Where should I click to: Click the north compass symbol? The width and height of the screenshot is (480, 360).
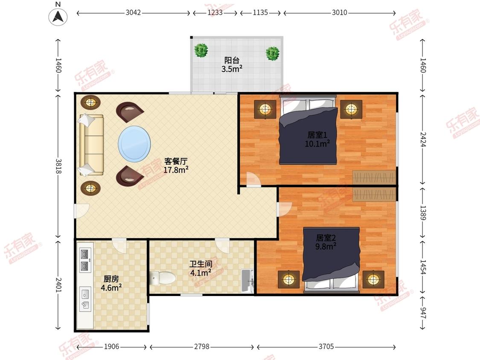click(58, 16)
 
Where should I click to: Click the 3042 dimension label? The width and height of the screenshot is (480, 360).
click(133, 12)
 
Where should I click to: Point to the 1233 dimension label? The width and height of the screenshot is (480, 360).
click(215, 12)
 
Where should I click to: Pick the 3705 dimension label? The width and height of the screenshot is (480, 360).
click(326, 346)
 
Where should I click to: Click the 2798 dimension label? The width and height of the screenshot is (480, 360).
click(202, 346)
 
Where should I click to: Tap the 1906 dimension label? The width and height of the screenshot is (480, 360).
click(111, 346)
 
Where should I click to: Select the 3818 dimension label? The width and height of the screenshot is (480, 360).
click(58, 166)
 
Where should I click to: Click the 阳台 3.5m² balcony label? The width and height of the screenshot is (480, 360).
click(232, 64)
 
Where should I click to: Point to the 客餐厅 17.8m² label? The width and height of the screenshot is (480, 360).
click(176, 165)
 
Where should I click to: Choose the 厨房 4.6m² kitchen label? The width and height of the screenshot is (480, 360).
click(111, 283)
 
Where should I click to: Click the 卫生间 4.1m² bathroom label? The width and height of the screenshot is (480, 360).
click(201, 268)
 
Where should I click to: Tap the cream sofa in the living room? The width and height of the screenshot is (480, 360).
click(91, 145)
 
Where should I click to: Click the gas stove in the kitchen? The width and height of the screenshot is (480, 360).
click(85, 260)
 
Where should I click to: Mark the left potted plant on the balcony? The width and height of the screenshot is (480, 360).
click(201, 50)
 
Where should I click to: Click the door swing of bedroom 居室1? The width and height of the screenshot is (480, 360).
click(253, 180)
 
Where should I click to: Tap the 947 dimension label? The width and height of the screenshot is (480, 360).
click(423, 313)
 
